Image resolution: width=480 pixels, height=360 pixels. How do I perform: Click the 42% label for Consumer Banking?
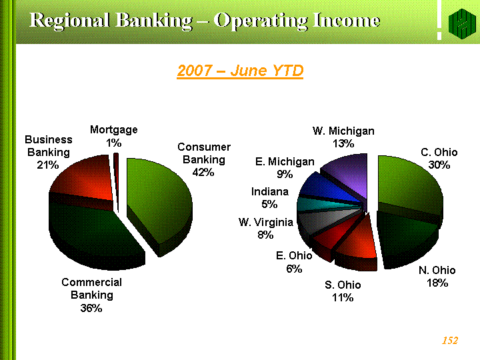pos(203,172)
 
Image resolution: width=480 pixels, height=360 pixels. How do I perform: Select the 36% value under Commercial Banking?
pos(91,308)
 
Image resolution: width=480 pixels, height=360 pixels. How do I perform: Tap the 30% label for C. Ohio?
pos(439,165)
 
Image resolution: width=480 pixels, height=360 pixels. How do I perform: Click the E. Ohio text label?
pos(294,255)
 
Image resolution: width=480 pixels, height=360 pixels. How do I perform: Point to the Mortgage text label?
pos(113,130)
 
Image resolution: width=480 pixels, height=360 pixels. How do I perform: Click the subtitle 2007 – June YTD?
pos(240,71)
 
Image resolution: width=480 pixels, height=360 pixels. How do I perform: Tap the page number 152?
pos(450,341)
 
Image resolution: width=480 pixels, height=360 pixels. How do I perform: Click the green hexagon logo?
pos(462,24)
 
